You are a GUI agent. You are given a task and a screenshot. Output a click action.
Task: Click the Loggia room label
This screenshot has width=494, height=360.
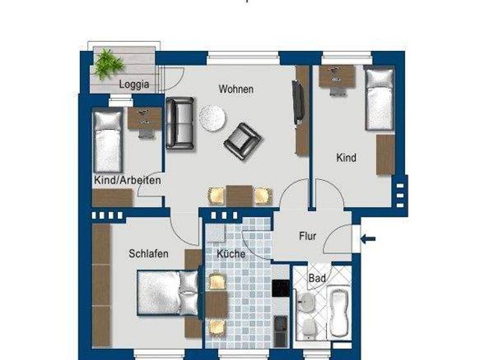click(x=134, y=84)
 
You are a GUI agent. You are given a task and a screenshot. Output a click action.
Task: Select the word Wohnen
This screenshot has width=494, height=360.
click(x=235, y=89)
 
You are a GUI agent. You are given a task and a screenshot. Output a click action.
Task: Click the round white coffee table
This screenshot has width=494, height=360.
click(x=212, y=117)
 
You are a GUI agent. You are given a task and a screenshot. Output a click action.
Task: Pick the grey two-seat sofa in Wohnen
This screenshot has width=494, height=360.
click(x=180, y=124)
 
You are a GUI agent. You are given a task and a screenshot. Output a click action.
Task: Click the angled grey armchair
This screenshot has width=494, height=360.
click(x=242, y=138)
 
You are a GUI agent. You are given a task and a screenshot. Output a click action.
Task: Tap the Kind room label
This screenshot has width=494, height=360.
click(x=345, y=157)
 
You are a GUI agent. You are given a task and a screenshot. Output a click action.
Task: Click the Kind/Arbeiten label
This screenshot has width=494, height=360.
click(x=127, y=181)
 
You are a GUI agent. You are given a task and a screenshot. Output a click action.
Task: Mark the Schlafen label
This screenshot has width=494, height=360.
click(x=148, y=253)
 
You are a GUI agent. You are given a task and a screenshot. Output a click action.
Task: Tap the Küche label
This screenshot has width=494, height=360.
click(x=230, y=253)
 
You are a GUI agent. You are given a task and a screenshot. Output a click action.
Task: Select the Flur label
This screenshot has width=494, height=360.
click(x=307, y=236)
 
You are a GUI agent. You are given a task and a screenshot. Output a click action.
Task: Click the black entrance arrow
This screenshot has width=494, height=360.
click(x=368, y=239)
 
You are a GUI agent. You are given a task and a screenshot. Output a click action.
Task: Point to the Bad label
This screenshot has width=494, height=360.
click(x=316, y=278)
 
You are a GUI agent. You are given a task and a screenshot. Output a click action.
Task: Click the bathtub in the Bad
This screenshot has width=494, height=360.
click(x=338, y=314)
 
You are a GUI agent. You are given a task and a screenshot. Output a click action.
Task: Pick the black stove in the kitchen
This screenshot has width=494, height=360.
click(x=280, y=289)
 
